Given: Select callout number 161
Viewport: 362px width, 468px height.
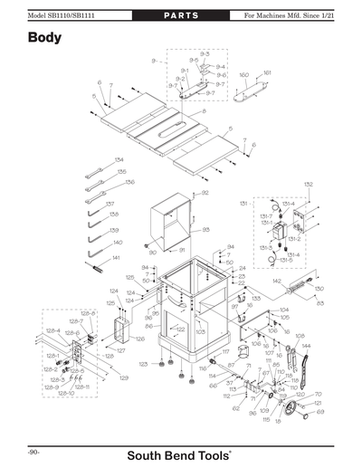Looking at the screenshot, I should click(x=267, y=72).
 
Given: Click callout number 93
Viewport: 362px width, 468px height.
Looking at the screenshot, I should click(x=205, y=230).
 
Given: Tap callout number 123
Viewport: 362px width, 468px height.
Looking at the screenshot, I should click(x=143, y=364).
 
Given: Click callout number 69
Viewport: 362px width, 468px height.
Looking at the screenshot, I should click(x=319, y=412).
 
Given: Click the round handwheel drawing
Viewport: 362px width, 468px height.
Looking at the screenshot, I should click(x=292, y=412).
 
